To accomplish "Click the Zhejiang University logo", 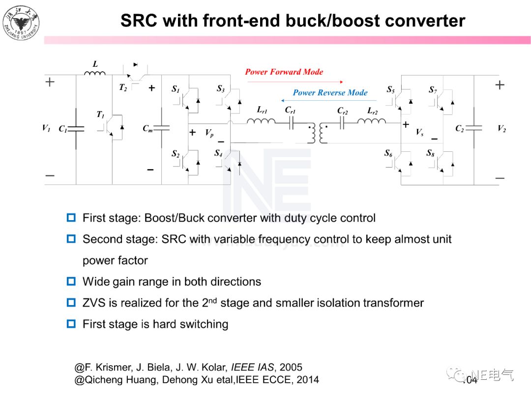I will (x=21, y=22).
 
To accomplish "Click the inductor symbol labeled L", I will (x=95, y=74).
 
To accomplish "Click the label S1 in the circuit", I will (x=176, y=89).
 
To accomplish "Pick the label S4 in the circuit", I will (x=218, y=153).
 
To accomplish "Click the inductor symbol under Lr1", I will (x=261, y=119).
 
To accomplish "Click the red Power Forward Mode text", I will (x=284, y=72).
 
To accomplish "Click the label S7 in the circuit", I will (x=433, y=89).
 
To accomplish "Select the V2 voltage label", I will (x=501, y=129).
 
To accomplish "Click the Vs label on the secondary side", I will (x=419, y=132).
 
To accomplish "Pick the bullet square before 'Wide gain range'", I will (x=72, y=282).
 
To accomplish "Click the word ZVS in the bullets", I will (x=94, y=303).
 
